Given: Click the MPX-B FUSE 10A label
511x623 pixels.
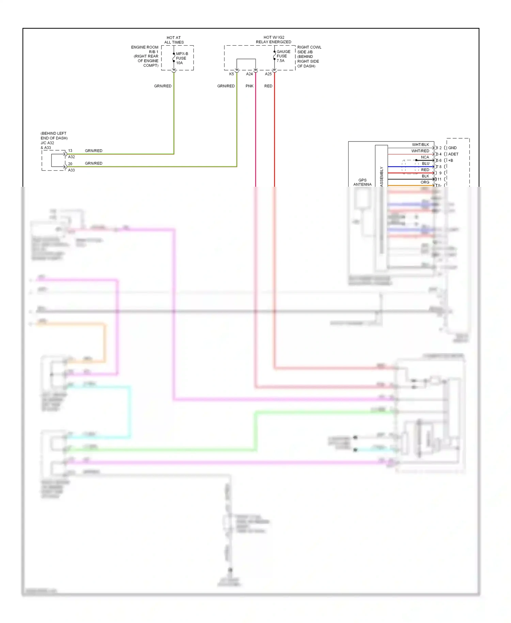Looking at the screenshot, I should [182, 58].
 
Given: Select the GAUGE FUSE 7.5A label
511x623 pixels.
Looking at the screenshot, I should [283, 56].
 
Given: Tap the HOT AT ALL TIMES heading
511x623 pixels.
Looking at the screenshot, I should [174, 40].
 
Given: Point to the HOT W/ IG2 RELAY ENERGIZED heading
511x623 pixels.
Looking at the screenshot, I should [274, 40].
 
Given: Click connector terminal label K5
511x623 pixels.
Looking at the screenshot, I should [232, 74].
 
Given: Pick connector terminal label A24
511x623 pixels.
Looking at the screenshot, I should [249, 74].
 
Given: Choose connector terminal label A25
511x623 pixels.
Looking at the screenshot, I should [268, 74].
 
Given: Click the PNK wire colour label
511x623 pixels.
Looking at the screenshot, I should [249, 86].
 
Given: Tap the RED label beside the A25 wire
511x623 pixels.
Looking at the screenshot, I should [268, 86].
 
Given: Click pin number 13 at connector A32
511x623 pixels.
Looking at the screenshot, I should [70, 150].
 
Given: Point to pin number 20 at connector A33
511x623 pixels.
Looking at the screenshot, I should [70, 164].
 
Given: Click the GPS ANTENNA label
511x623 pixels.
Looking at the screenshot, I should [362, 182].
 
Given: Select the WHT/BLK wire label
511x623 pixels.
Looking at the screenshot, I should [420, 145].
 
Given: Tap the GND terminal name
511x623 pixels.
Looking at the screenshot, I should [452, 148].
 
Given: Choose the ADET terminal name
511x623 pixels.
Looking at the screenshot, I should [453, 154].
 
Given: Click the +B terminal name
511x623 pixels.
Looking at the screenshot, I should [451, 160].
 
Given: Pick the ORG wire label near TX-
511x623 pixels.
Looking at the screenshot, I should [425, 182].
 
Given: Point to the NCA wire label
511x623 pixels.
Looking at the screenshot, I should [425, 157].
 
